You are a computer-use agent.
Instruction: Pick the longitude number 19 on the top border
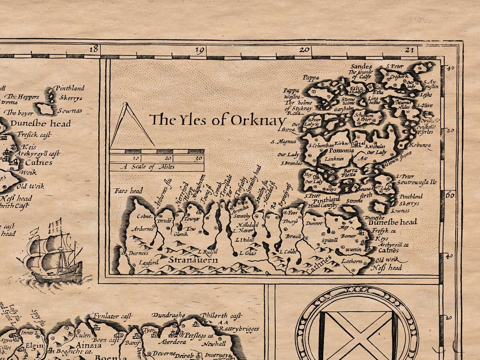[200, 50]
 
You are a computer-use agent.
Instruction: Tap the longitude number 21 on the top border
[408, 50]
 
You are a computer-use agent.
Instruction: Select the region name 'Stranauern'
[193, 260]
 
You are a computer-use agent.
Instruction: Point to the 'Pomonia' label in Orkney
[341, 150]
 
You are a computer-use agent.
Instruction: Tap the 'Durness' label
[138, 253]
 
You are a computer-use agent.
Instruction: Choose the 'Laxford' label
[149, 263]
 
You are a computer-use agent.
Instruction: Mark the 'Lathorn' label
[352, 261]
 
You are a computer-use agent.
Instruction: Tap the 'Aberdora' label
[173, 342]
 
